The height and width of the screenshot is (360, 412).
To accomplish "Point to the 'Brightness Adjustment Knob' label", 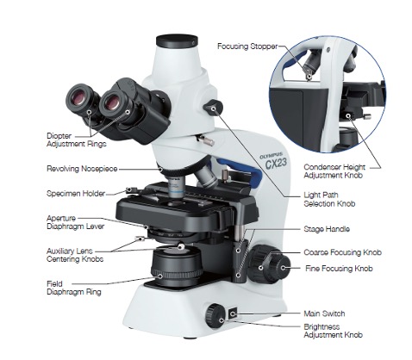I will pos(332,332).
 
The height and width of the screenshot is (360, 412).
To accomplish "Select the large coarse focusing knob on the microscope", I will pos(274,261).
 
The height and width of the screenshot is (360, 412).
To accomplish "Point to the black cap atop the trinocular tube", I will pos(177,39).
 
